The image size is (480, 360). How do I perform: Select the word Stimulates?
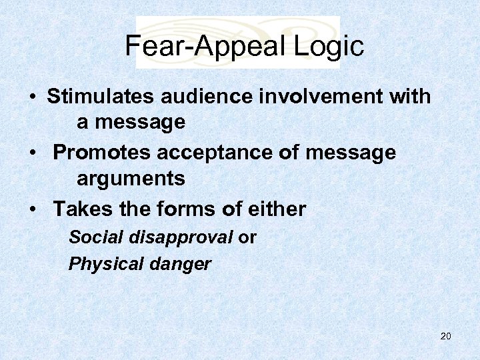click(x=101, y=97)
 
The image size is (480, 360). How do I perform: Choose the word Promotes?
click(x=103, y=153)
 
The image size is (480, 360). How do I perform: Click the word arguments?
click(x=131, y=179)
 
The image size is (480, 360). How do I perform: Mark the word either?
click(x=276, y=209)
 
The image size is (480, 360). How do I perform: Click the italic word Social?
click(x=92, y=237)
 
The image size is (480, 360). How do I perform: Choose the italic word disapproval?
click(x=176, y=237)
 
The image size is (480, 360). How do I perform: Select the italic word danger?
click(x=180, y=265)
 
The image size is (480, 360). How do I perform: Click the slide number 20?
click(x=446, y=336)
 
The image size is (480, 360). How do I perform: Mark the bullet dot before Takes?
click(x=33, y=210)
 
